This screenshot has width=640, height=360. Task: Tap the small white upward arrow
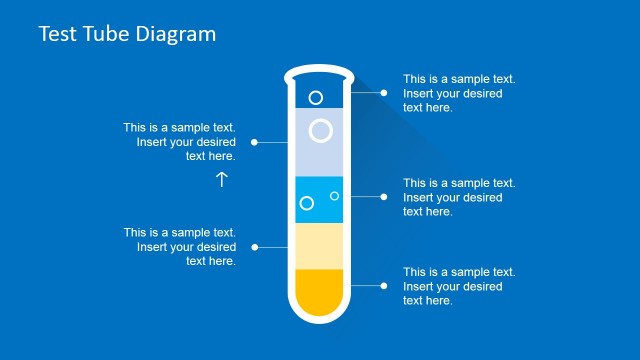pos(222,179)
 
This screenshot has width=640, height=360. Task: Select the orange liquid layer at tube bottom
pos(320,290)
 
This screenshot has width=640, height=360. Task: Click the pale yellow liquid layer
pos(320,246)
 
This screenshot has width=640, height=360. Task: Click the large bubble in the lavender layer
pos(321,130)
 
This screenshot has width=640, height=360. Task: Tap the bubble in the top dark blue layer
pos(316,97)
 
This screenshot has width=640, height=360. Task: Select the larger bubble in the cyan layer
pos(307,203)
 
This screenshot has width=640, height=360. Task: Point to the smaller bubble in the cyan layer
pos(334,196)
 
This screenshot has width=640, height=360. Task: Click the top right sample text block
pos(459,93)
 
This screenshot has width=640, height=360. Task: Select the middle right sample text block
pos(459,197)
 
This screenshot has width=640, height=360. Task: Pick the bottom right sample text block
pos(459,286)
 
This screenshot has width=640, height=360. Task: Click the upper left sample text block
pos(180,142)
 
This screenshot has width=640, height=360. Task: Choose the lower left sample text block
pos(180,246)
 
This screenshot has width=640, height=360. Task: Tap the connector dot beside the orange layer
pos(383,286)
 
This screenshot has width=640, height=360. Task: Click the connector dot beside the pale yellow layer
pos(256,246)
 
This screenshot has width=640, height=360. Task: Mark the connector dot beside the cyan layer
pos(383,197)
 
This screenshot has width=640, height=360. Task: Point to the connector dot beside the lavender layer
pos(256,142)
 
